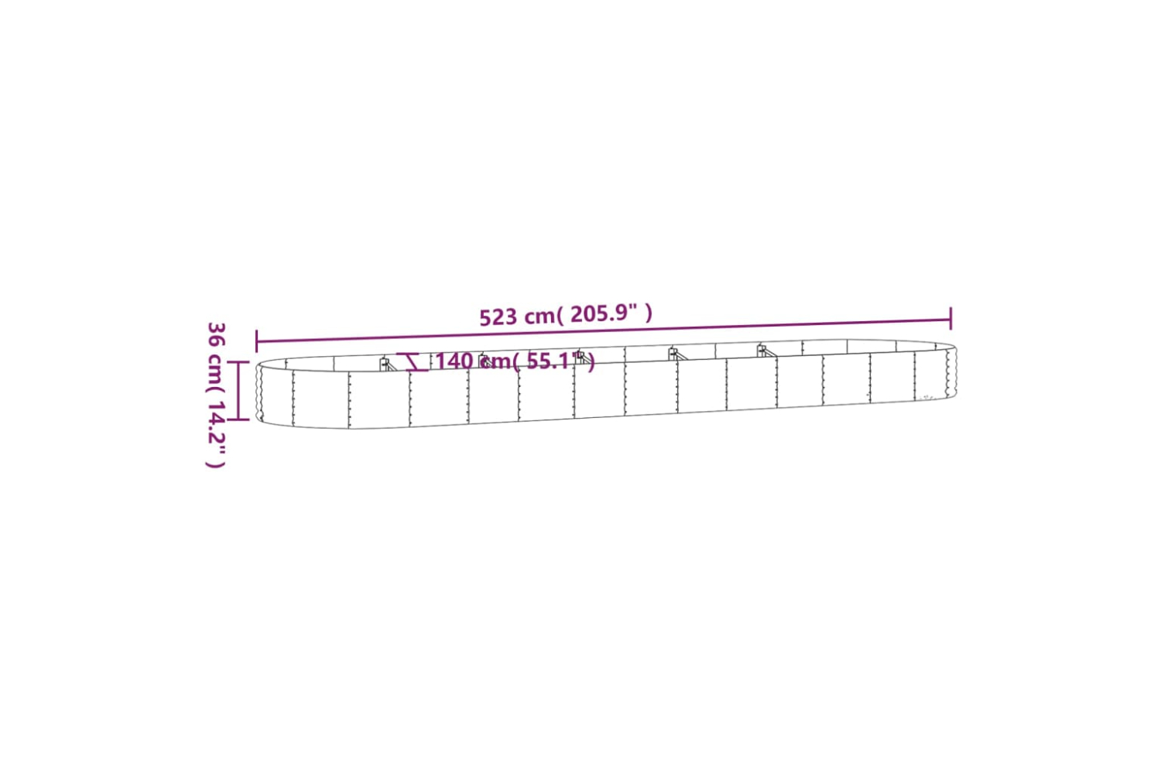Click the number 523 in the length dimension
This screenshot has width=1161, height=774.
tap(499, 317)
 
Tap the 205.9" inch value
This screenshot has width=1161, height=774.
tap(604, 313)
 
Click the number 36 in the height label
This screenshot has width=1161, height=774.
tap(217, 334)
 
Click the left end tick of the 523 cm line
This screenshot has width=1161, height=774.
tap(256, 341)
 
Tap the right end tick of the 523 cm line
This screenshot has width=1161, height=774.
tap(950, 318)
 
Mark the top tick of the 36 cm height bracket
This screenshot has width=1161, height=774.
tap(238, 362)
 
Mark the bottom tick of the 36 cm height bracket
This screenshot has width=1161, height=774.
tap(238, 419)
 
